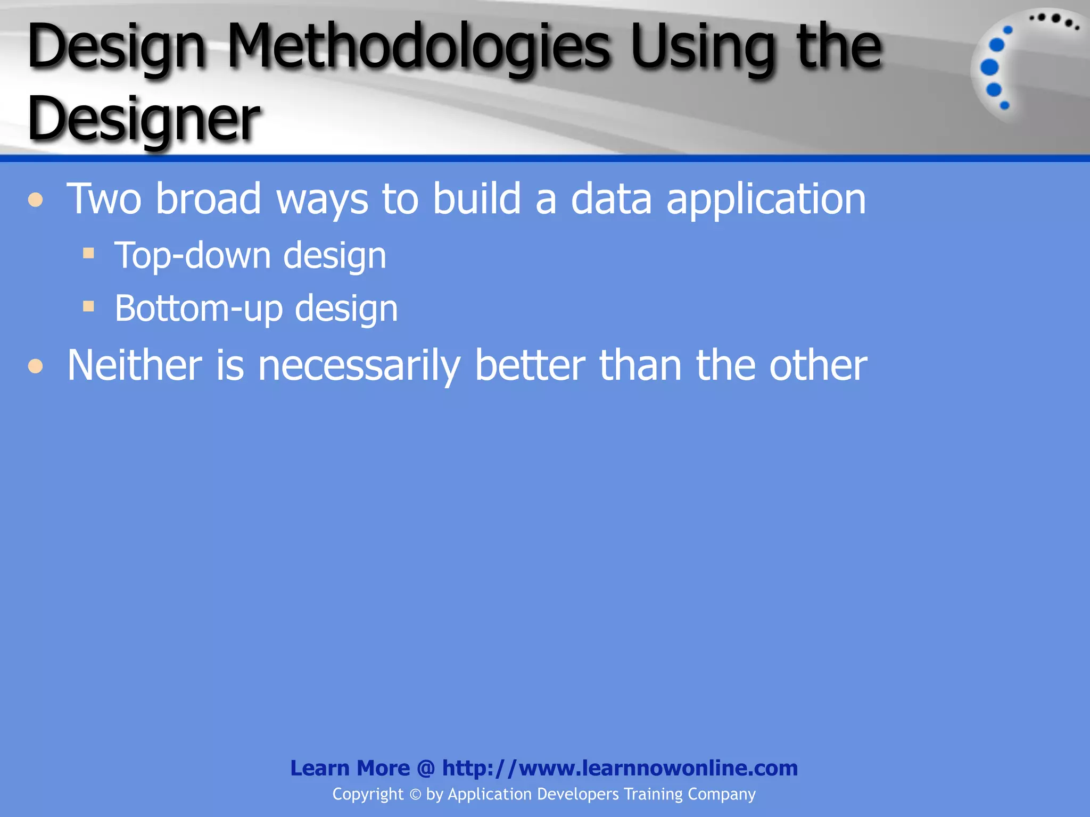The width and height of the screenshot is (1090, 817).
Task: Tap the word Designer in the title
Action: click(144, 118)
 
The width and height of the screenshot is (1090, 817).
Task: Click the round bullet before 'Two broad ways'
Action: click(36, 200)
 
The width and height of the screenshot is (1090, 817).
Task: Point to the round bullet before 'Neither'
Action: click(36, 366)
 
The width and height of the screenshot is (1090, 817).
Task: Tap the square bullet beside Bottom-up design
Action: click(88, 306)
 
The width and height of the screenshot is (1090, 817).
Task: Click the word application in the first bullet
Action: click(766, 200)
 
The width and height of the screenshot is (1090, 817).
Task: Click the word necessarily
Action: click(359, 366)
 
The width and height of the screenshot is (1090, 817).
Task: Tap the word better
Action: click(530, 365)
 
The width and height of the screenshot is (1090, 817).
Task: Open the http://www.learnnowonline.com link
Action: click(620, 768)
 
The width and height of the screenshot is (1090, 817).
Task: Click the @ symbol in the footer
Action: click(426, 769)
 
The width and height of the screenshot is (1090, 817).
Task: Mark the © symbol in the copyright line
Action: click(415, 795)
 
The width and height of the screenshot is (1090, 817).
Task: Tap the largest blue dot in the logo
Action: click(989, 68)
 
